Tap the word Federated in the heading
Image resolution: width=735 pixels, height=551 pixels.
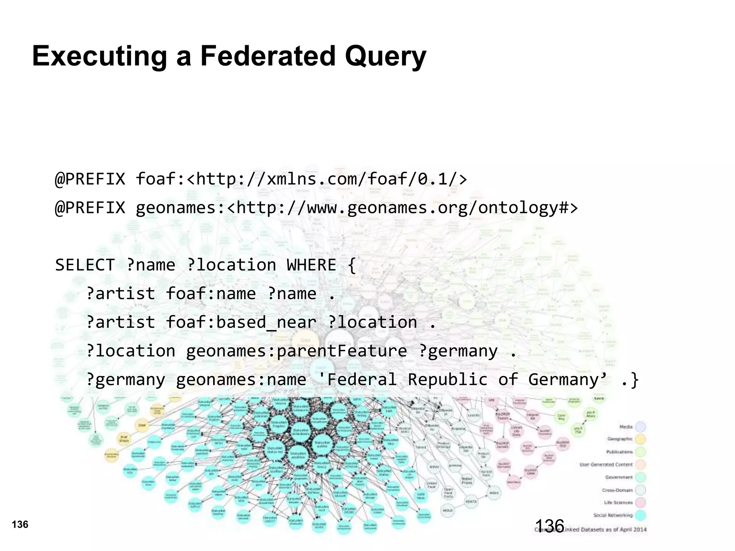267,56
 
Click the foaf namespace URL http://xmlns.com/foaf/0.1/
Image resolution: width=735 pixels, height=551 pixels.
327,179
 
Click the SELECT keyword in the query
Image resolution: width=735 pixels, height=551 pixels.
85,265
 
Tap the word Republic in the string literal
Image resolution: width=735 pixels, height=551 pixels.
448,380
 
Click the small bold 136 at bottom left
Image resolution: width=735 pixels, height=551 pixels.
20,525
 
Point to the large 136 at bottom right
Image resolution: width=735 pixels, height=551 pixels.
549,526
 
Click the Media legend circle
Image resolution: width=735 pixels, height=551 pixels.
641,427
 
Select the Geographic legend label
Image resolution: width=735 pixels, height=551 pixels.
620,439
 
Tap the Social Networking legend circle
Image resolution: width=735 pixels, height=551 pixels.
641,515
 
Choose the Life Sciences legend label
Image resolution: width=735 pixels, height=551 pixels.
618,503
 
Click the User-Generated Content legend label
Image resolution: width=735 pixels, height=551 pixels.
606,465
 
